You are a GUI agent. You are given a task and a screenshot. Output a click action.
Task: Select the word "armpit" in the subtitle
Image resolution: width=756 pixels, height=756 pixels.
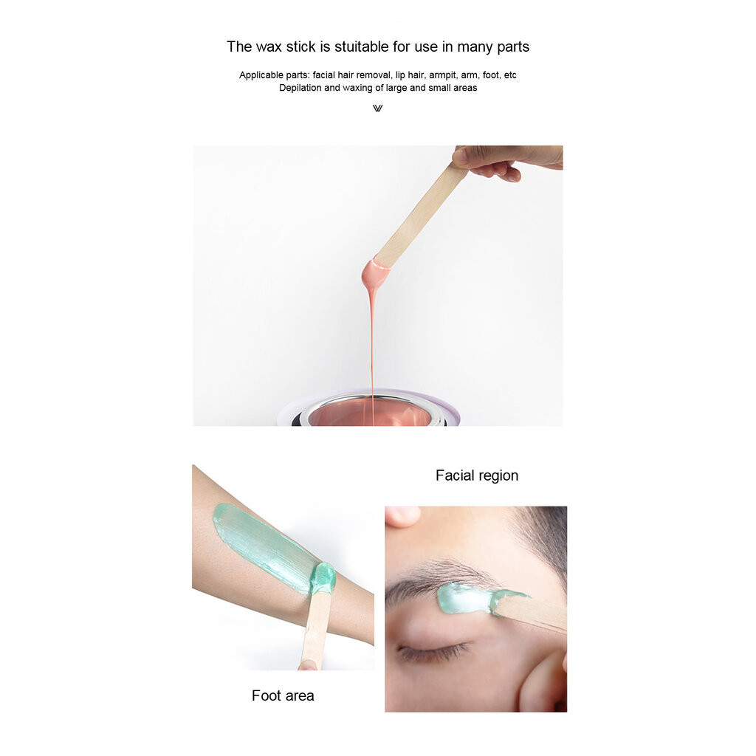(442, 75)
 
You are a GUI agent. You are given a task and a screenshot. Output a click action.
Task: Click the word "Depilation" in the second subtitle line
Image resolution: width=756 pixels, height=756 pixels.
(300, 88)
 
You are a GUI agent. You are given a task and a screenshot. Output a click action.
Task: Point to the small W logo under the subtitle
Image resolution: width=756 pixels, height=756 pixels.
(377, 109)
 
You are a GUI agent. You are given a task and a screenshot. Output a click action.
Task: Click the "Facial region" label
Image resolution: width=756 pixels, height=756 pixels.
(477, 475)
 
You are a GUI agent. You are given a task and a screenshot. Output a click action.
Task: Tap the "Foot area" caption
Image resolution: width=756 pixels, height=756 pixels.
(283, 695)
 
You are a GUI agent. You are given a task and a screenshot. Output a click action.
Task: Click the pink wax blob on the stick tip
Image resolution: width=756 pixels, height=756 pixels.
(376, 273)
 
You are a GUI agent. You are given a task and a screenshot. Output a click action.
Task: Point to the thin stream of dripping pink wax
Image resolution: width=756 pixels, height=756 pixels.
(372, 352)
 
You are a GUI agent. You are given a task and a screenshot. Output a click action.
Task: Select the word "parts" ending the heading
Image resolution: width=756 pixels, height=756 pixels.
(513, 47)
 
